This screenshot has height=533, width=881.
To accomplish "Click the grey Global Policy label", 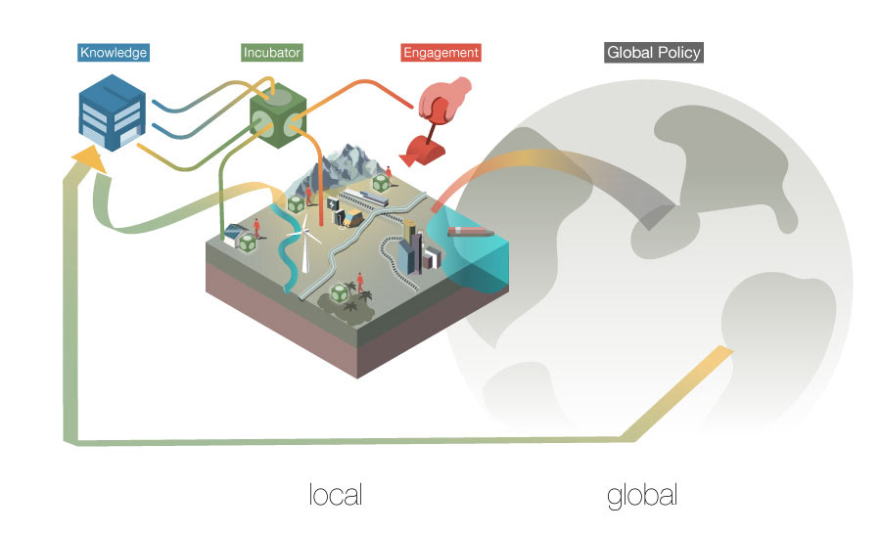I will (x=654, y=52).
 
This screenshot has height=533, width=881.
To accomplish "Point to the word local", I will (x=335, y=494).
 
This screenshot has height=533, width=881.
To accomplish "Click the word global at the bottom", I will (x=642, y=494).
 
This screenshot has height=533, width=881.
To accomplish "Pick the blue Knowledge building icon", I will (x=111, y=115).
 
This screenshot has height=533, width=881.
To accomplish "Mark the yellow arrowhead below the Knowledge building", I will (x=87, y=156).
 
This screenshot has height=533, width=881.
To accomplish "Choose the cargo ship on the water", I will (x=468, y=232).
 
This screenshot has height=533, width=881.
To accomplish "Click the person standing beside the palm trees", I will (x=361, y=284).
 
